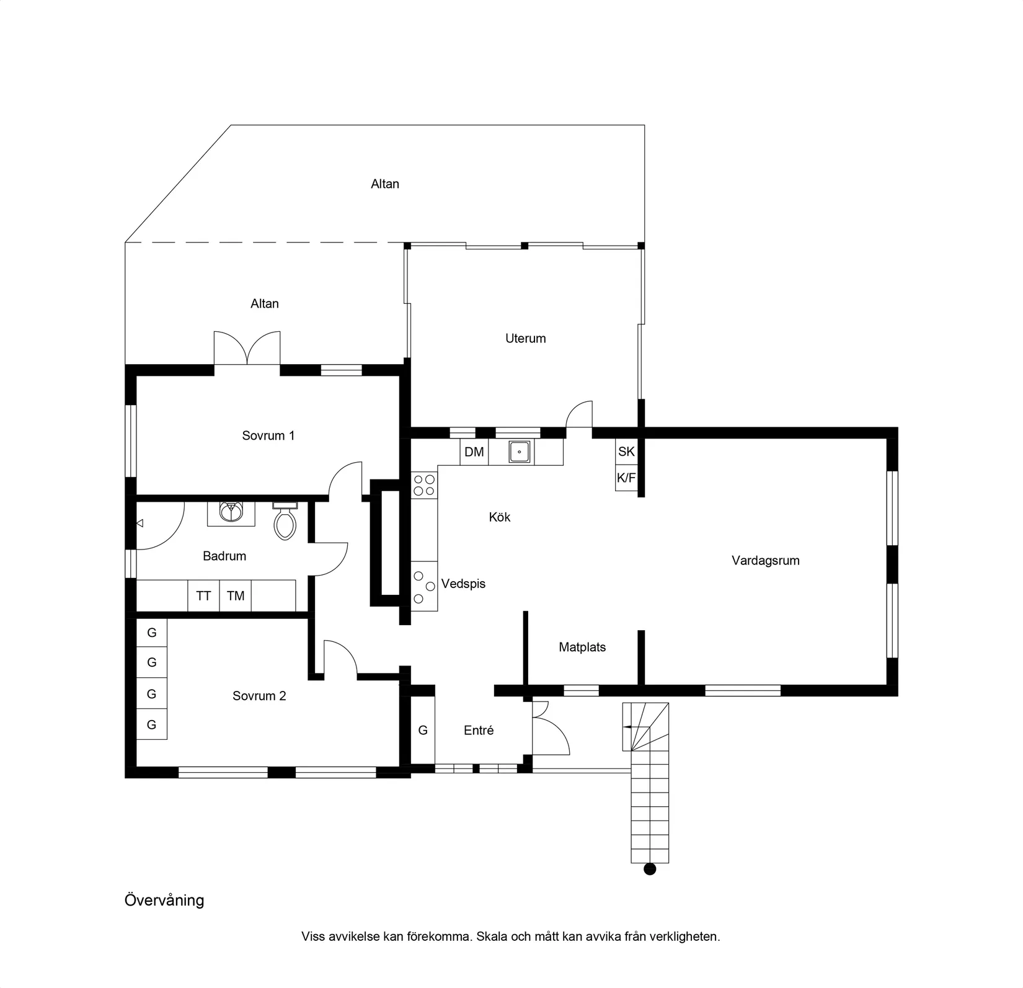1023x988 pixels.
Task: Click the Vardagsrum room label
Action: click(x=765, y=561)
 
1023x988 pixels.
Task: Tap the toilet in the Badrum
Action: click(x=285, y=522)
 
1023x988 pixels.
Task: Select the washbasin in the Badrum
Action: click(x=231, y=512)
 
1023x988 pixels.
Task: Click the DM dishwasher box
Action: click(x=474, y=452)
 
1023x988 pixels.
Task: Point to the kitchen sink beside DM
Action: click(x=519, y=452)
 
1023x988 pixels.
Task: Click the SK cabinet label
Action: click(x=626, y=452)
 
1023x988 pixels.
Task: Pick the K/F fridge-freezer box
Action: click(x=626, y=478)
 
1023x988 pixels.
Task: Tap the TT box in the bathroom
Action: click(x=203, y=596)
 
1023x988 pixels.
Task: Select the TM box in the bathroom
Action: click(x=236, y=596)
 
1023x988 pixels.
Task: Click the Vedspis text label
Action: click(x=463, y=584)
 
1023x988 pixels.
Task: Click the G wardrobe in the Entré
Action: click(x=423, y=731)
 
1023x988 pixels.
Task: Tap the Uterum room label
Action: click(x=525, y=339)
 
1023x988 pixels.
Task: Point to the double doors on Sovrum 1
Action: click(x=247, y=350)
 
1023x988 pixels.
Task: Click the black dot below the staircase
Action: click(x=650, y=869)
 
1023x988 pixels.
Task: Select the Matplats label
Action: click(x=582, y=648)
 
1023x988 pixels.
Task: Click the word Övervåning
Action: click(x=164, y=900)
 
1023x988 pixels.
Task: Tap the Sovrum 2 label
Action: click(x=259, y=696)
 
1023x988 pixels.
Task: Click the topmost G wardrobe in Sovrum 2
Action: click(x=151, y=633)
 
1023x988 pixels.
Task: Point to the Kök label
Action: click(x=499, y=517)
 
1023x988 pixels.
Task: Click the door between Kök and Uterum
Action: click(x=579, y=416)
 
